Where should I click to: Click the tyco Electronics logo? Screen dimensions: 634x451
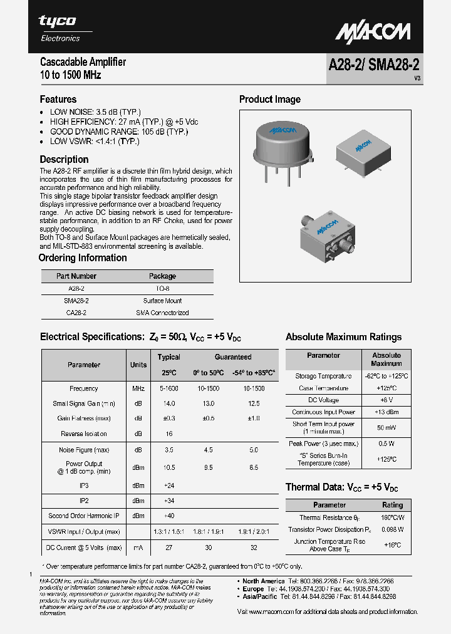[61, 28]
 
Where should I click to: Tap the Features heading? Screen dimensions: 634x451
[58, 99]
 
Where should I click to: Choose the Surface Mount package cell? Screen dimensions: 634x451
[162, 301]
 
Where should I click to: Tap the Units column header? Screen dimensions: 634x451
[138, 365]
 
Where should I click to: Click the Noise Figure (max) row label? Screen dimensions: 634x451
[84, 449]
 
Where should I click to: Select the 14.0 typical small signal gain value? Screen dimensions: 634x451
[168, 403]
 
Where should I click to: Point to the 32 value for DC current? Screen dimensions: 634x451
[254, 547]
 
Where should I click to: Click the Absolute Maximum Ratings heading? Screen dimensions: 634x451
[343, 337]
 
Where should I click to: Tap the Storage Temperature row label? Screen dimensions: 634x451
[323, 376]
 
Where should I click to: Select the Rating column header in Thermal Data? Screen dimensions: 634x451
[392, 505]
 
